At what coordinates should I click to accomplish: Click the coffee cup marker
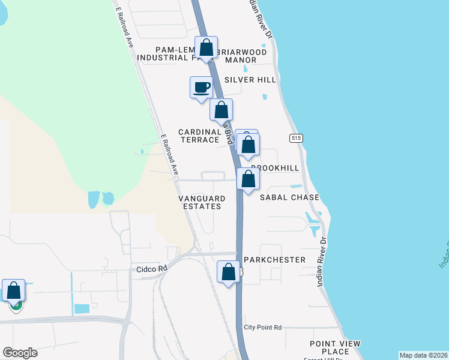[201, 88]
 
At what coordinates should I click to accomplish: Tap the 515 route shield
[295, 138]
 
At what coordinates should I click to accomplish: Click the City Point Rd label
[262, 328]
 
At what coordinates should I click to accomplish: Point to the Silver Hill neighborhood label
[250, 80]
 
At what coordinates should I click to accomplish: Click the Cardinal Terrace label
[200, 136]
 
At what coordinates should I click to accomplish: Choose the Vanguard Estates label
[202, 202]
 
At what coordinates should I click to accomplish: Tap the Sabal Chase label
[289, 197]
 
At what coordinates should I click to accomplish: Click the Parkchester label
[275, 260]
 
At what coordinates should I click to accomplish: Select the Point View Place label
[335, 347]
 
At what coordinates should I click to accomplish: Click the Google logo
[20, 353]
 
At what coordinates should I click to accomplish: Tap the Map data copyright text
[423, 355]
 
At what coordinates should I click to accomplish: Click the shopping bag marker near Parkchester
[229, 272]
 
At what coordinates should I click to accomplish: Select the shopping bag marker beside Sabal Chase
[248, 179]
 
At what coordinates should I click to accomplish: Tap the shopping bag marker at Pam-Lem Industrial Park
[206, 49]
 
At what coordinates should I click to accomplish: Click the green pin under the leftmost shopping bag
[16, 304]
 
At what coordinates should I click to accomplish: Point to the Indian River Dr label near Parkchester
[323, 261]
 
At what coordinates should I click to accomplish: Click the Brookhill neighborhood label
[274, 169]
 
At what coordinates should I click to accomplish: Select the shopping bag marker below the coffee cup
[221, 110]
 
